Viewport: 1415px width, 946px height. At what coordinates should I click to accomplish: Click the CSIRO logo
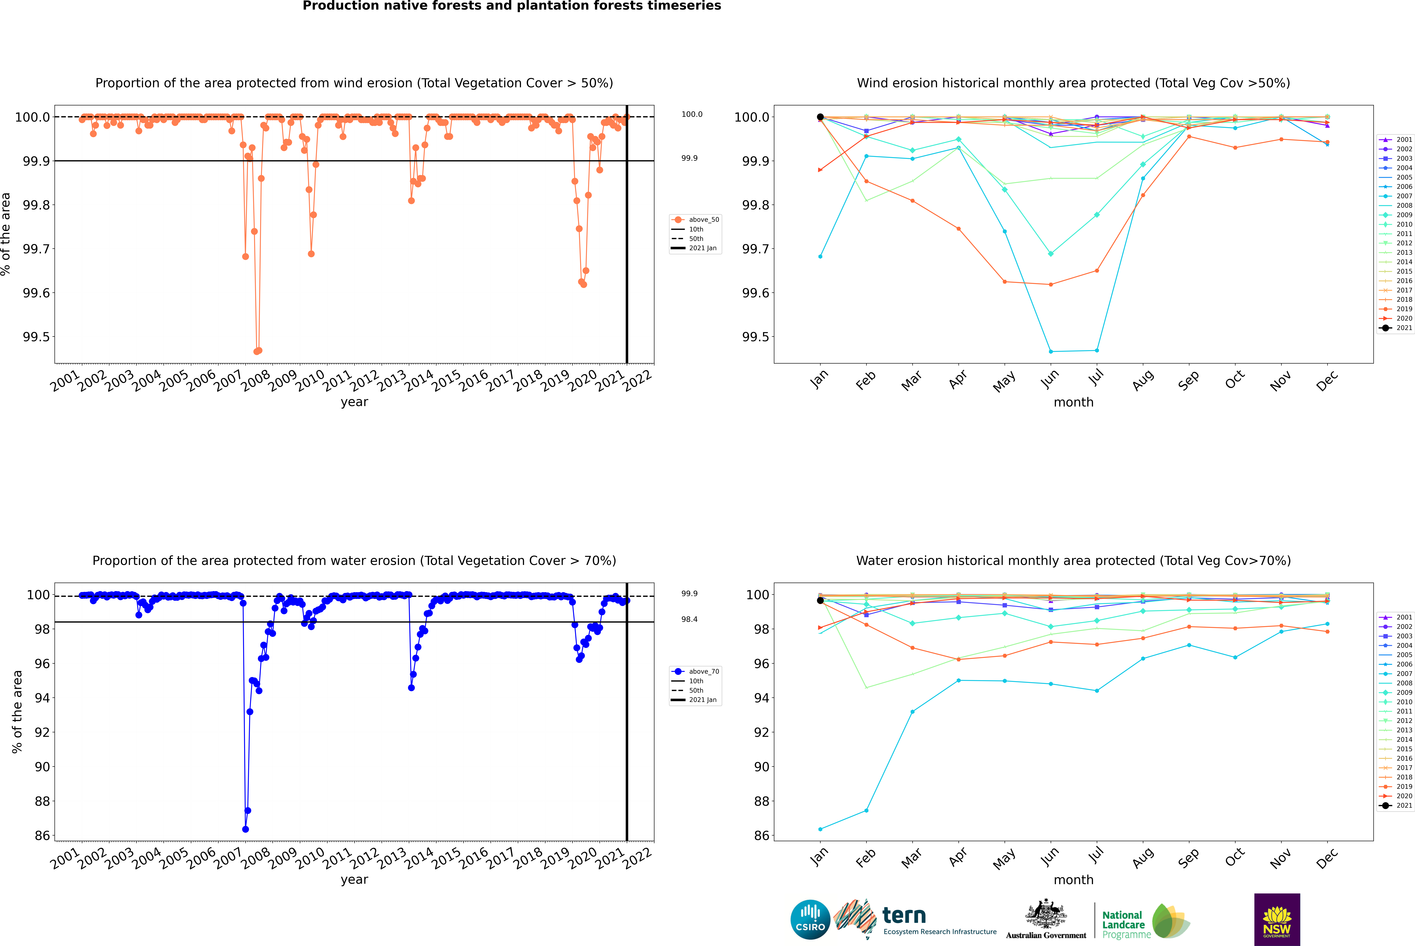tap(810, 919)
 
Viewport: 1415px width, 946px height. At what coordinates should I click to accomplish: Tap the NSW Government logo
tap(1277, 919)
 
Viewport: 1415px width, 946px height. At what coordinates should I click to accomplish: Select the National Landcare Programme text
tap(1123, 924)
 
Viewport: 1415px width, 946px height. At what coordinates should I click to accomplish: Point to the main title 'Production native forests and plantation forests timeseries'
tap(511, 6)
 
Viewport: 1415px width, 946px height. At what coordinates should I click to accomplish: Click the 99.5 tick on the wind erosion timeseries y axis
tap(36, 337)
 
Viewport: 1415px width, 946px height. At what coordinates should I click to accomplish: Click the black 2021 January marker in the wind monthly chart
tap(820, 117)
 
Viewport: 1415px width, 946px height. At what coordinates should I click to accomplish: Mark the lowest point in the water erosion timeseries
tap(245, 829)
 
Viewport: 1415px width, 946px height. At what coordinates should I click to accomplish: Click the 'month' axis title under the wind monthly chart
tap(1074, 402)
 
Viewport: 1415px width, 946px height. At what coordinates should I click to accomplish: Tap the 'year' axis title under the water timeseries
tap(354, 880)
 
